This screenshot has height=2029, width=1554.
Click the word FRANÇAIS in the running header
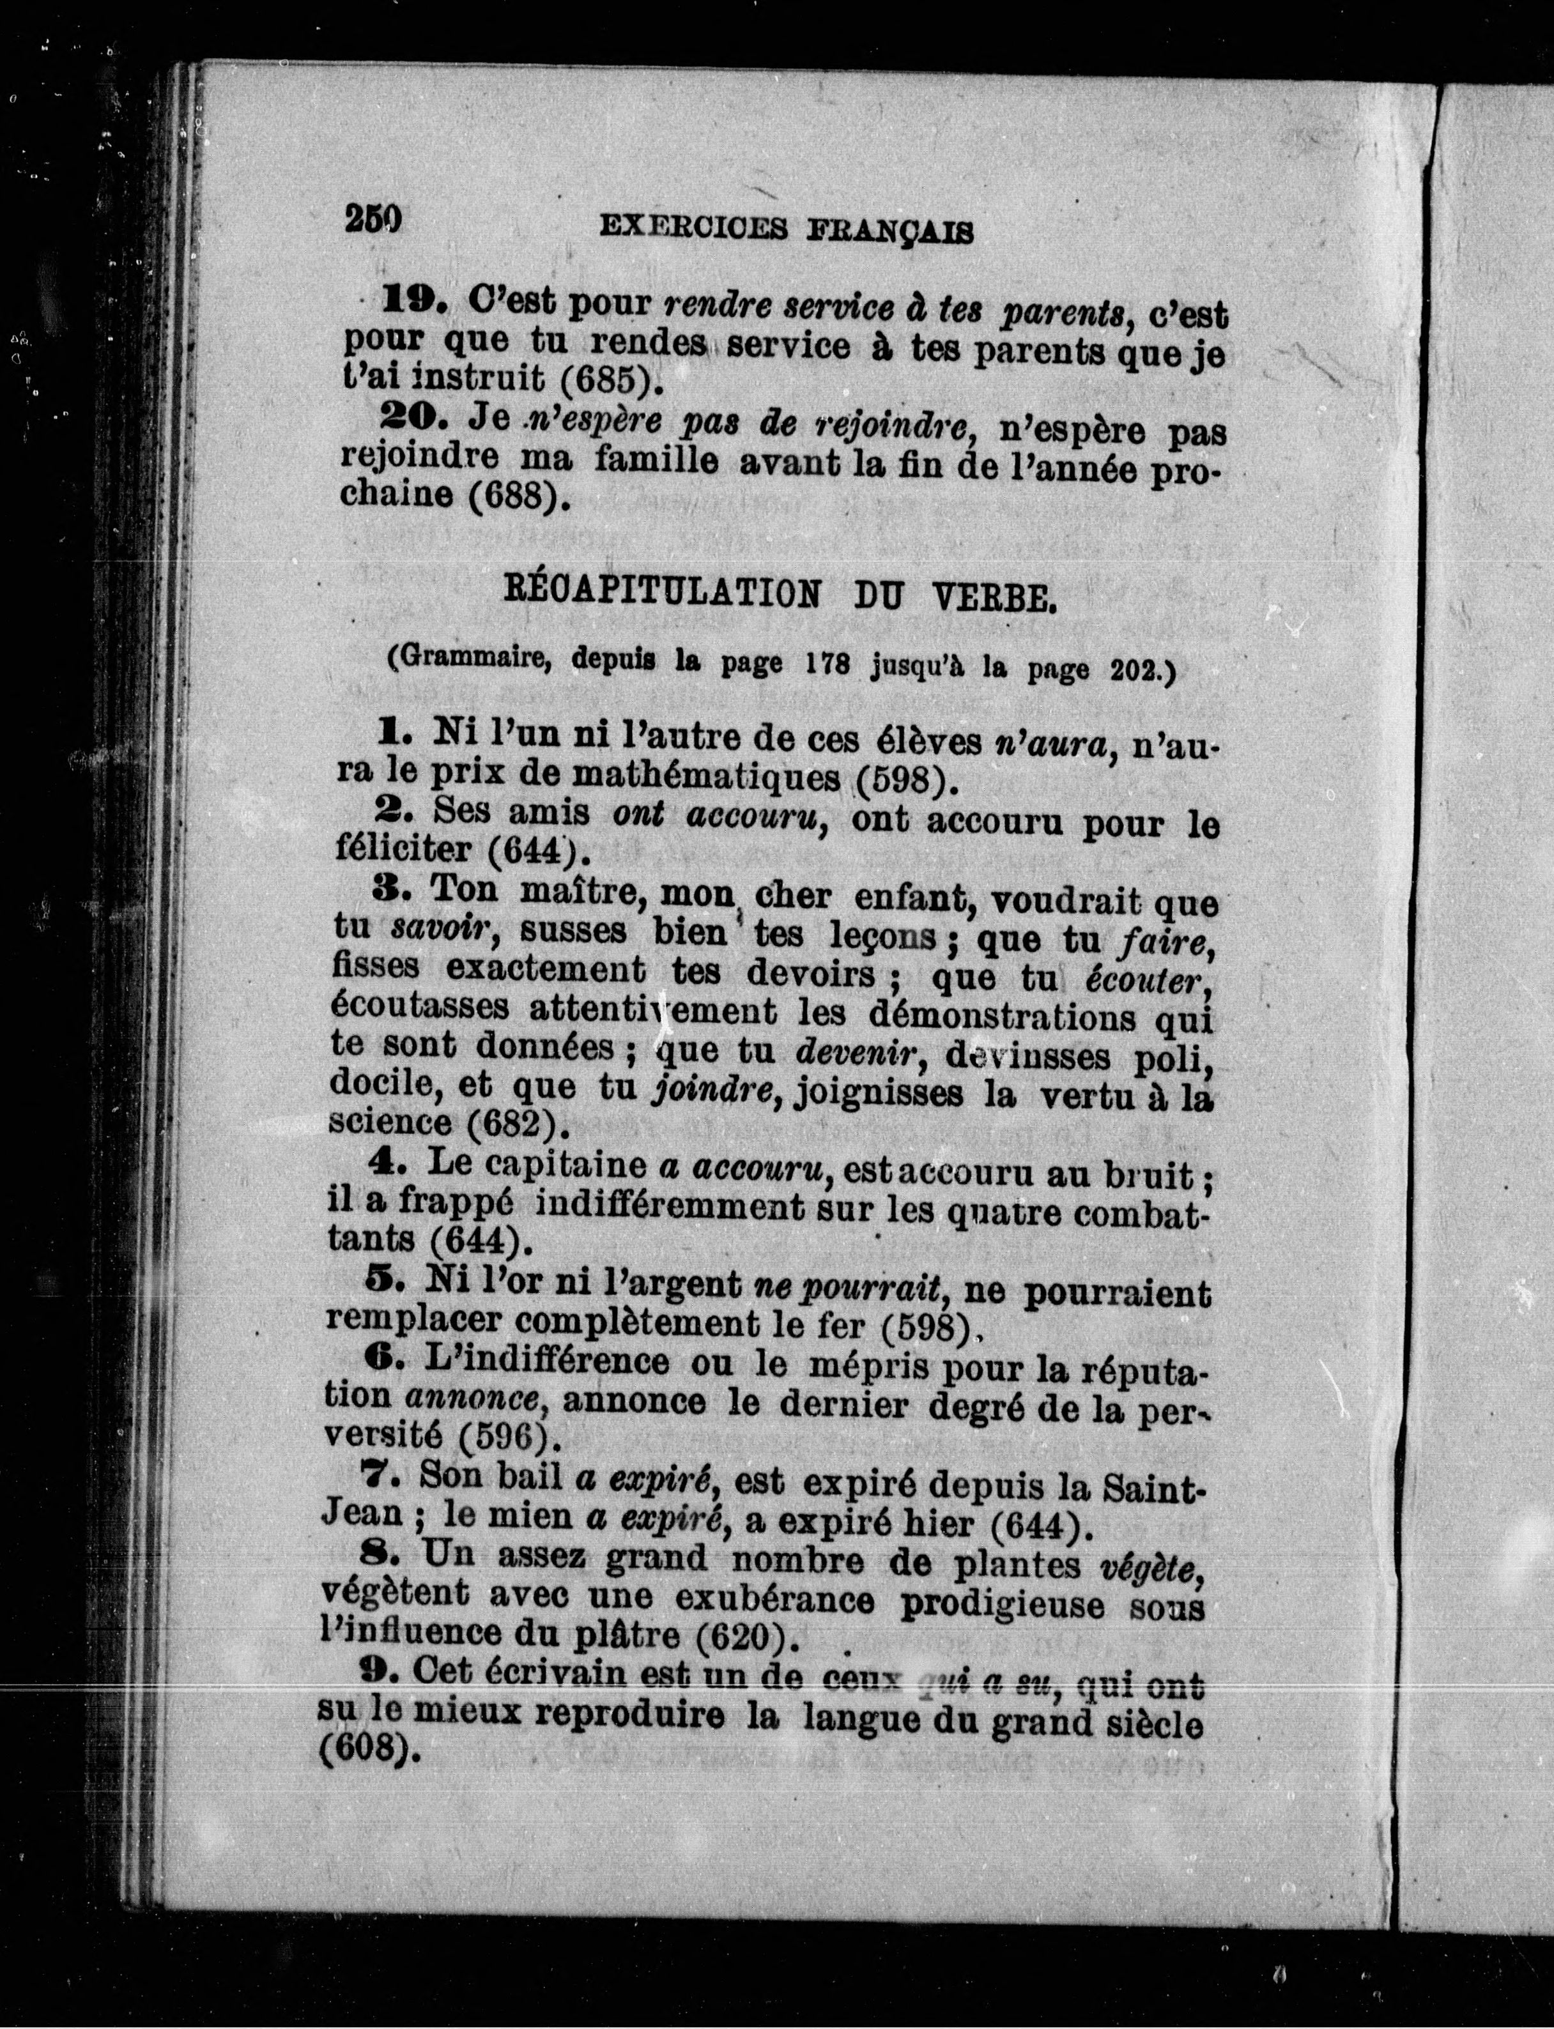(x=892, y=229)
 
